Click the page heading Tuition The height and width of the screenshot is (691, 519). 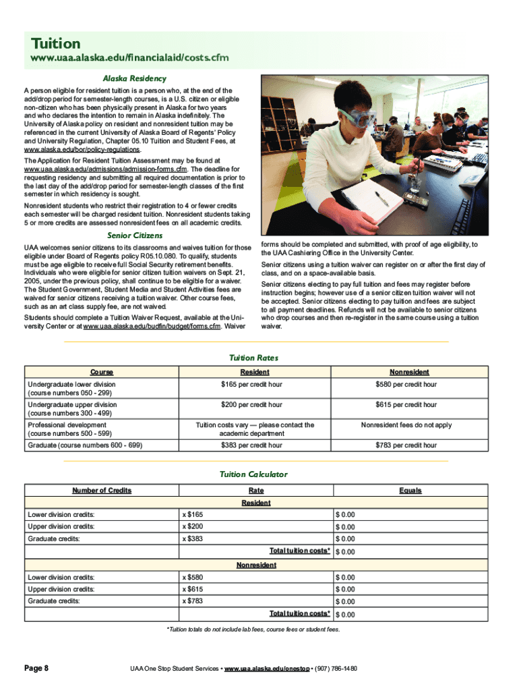click(x=55, y=44)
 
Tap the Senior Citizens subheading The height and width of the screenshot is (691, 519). click(x=135, y=236)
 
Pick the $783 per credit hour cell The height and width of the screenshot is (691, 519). click(x=406, y=445)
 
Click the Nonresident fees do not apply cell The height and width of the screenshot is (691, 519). click(x=406, y=425)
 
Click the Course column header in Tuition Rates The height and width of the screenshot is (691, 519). click(x=102, y=372)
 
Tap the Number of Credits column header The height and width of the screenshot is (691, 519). click(x=102, y=491)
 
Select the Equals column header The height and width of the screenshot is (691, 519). click(x=410, y=491)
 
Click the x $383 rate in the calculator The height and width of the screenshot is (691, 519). click(x=192, y=539)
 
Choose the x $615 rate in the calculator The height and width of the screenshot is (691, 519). click(x=192, y=590)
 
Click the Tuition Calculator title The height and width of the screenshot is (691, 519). click(x=253, y=474)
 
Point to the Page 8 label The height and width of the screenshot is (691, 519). click(x=37, y=668)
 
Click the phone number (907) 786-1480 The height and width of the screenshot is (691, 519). click(x=336, y=669)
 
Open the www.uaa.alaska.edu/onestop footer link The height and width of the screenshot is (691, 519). click(x=267, y=669)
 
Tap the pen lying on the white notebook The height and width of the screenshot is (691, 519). click(x=382, y=198)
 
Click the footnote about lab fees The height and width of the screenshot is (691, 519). click(x=253, y=630)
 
